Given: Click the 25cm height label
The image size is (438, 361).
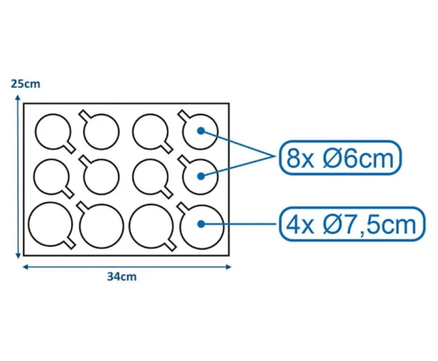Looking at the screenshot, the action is [x=26, y=84].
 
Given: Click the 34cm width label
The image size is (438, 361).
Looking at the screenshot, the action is [x=122, y=277].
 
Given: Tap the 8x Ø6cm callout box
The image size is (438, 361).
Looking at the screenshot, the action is [x=341, y=158].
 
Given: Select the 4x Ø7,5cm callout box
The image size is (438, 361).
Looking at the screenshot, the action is [x=352, y=224].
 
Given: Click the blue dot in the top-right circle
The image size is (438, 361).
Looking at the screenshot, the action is [x=201, y=130].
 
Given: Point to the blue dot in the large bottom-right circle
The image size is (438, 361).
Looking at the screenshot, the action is [x=201, y=224].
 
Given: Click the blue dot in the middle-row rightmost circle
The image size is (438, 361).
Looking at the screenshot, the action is [x=201, y=176].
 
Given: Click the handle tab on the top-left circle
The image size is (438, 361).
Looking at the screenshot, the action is [x=70, y=147].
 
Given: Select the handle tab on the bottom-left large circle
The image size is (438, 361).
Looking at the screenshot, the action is [x=70, y=244].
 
